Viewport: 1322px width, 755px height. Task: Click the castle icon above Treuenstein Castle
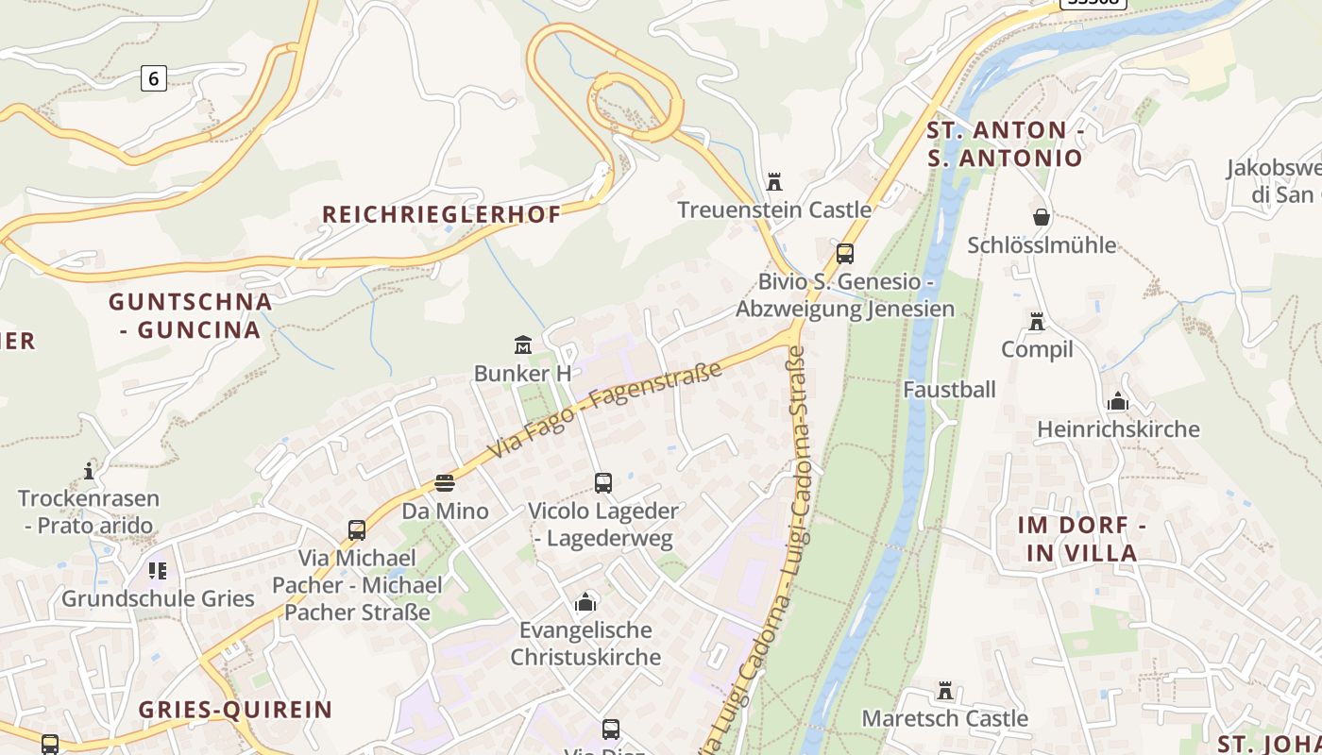coord(774,181)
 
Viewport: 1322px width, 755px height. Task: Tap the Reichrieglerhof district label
coord(441,214)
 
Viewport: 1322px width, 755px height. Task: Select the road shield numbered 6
coord(154,78)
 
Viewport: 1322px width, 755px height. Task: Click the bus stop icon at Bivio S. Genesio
coord(844,253)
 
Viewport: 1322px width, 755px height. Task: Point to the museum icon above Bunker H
coord(522,344)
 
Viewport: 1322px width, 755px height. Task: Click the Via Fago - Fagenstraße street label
coord(604,410)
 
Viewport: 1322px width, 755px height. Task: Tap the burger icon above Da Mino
coord(445,483)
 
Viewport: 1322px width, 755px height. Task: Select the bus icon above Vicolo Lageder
coord(602,483)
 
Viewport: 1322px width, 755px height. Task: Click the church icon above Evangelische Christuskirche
coord(585,601)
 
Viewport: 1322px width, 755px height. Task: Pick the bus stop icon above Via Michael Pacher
coord(356,530)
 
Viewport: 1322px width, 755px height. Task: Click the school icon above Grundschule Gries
coord(157,570)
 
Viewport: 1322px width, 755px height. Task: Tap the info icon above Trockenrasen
coord(89,470)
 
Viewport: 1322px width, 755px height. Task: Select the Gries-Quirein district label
coord(235,710)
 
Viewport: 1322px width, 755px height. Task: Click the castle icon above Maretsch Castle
coord(944,690)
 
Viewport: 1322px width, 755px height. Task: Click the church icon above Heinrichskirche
coord(1117,401)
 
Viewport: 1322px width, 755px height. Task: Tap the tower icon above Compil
coord(1037,322)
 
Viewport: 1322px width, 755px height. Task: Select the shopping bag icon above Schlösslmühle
coord(1041,217)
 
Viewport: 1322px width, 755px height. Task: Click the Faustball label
coord(949,390)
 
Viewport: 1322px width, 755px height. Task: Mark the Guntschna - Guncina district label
coord(190,315)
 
